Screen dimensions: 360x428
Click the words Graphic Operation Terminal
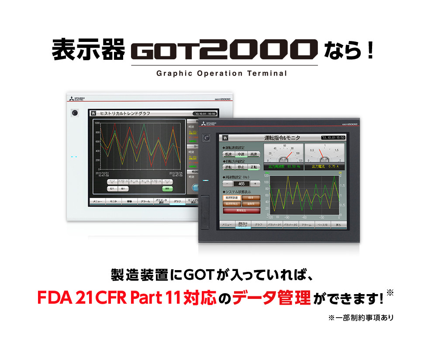pos(221,73)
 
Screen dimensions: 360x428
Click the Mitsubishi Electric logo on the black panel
pos(211,124)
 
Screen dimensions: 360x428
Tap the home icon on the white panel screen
pos(93,113)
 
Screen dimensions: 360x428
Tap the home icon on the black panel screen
pos(225,137)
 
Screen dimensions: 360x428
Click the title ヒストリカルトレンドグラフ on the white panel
pos(125,113)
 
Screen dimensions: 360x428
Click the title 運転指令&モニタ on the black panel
pos(282,137)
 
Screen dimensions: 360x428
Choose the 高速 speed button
pos(253,154)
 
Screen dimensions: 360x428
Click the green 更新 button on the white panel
pos(166,189)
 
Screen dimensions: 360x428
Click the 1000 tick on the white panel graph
pos(97,123)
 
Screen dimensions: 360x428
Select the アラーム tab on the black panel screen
pos(307,225)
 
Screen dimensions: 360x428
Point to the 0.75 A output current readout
pos(324,166)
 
